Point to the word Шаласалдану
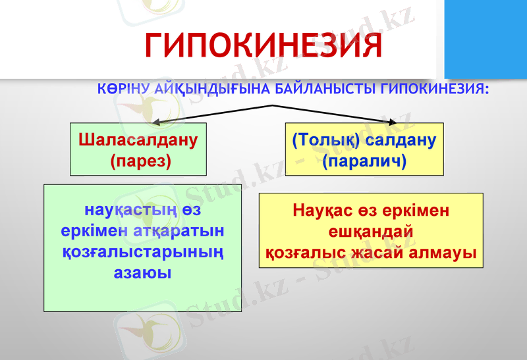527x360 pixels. (x=138, y=140)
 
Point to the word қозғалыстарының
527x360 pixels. (x=142, y=251)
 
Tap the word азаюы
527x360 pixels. (x=142, y=271)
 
